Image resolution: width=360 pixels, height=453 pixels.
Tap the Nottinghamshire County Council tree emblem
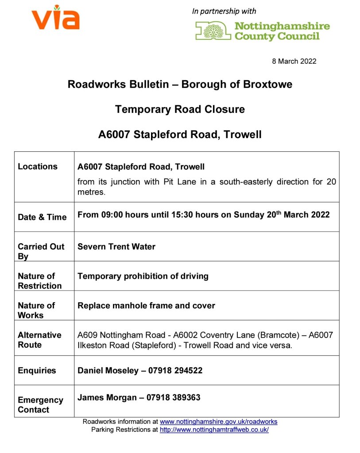(x=213, y=31)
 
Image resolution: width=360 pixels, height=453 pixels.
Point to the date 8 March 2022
(x=294, y=61)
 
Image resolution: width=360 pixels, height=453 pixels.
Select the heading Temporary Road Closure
(x=180, y=109)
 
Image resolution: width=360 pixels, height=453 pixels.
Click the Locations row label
(x=38, y=167)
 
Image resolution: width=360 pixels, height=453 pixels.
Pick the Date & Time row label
(x=42, y=217)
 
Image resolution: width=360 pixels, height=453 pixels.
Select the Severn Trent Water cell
(x=116, y=246)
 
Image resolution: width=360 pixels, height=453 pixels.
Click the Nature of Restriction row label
(x=39, y=281)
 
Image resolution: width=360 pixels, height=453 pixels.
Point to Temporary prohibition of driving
(x=143, y=276)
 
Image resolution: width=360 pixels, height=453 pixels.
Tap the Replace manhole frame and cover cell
(x=146, y=306)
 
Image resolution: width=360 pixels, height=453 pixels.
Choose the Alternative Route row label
(x=39, y=340)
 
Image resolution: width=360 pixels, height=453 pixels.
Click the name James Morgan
(x=107, y=398)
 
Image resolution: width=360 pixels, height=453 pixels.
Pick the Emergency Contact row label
(x=40, y=405)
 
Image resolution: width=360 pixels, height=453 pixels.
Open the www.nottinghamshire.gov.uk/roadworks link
(x=218, y=422)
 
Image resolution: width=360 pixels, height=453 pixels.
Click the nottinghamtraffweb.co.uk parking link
(x=214, y=430)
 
